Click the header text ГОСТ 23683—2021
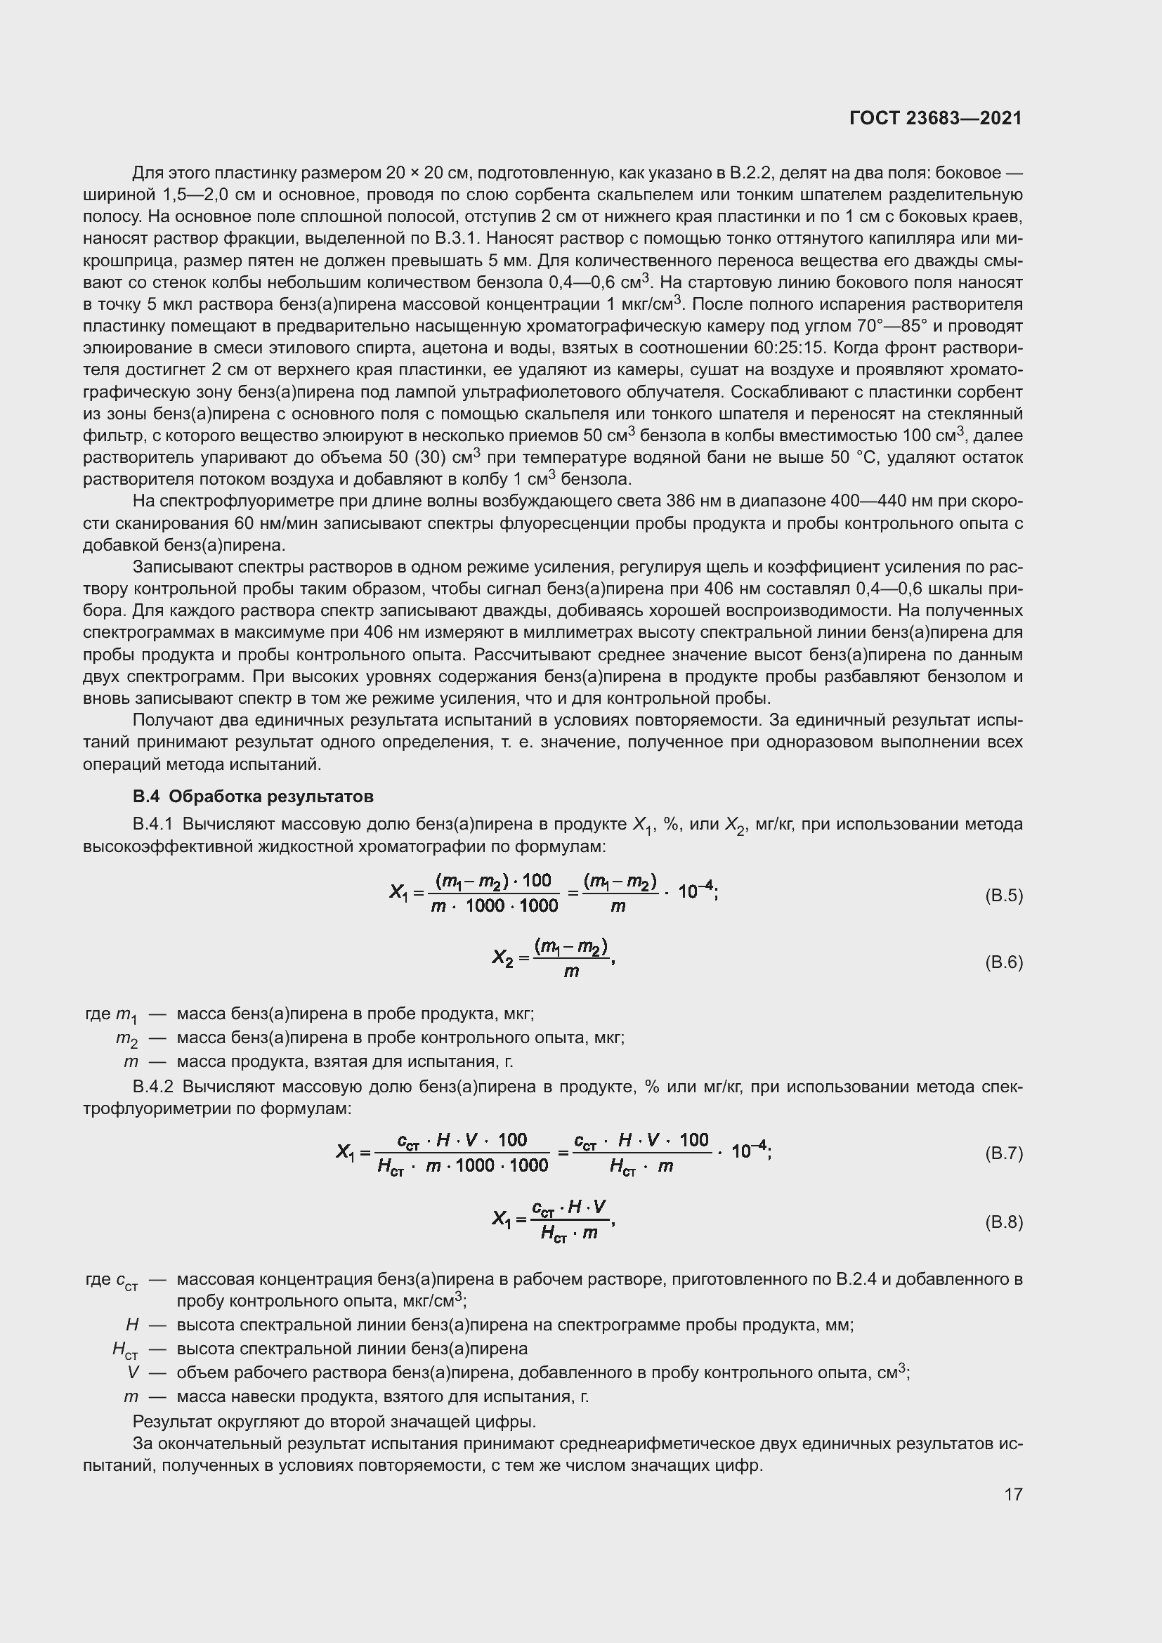click(935, 118)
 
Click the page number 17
click(1013, 1494)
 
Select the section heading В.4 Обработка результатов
click(253, 797)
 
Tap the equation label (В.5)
click(1004, 895)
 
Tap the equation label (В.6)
click(1004, 962)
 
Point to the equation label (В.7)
click(1004, 1153)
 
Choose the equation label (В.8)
click(1004, 1222)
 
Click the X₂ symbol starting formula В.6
click(503, 957)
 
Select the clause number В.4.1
click(153, 825)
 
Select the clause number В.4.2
click(153, 1086)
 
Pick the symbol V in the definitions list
click(133, 1373)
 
